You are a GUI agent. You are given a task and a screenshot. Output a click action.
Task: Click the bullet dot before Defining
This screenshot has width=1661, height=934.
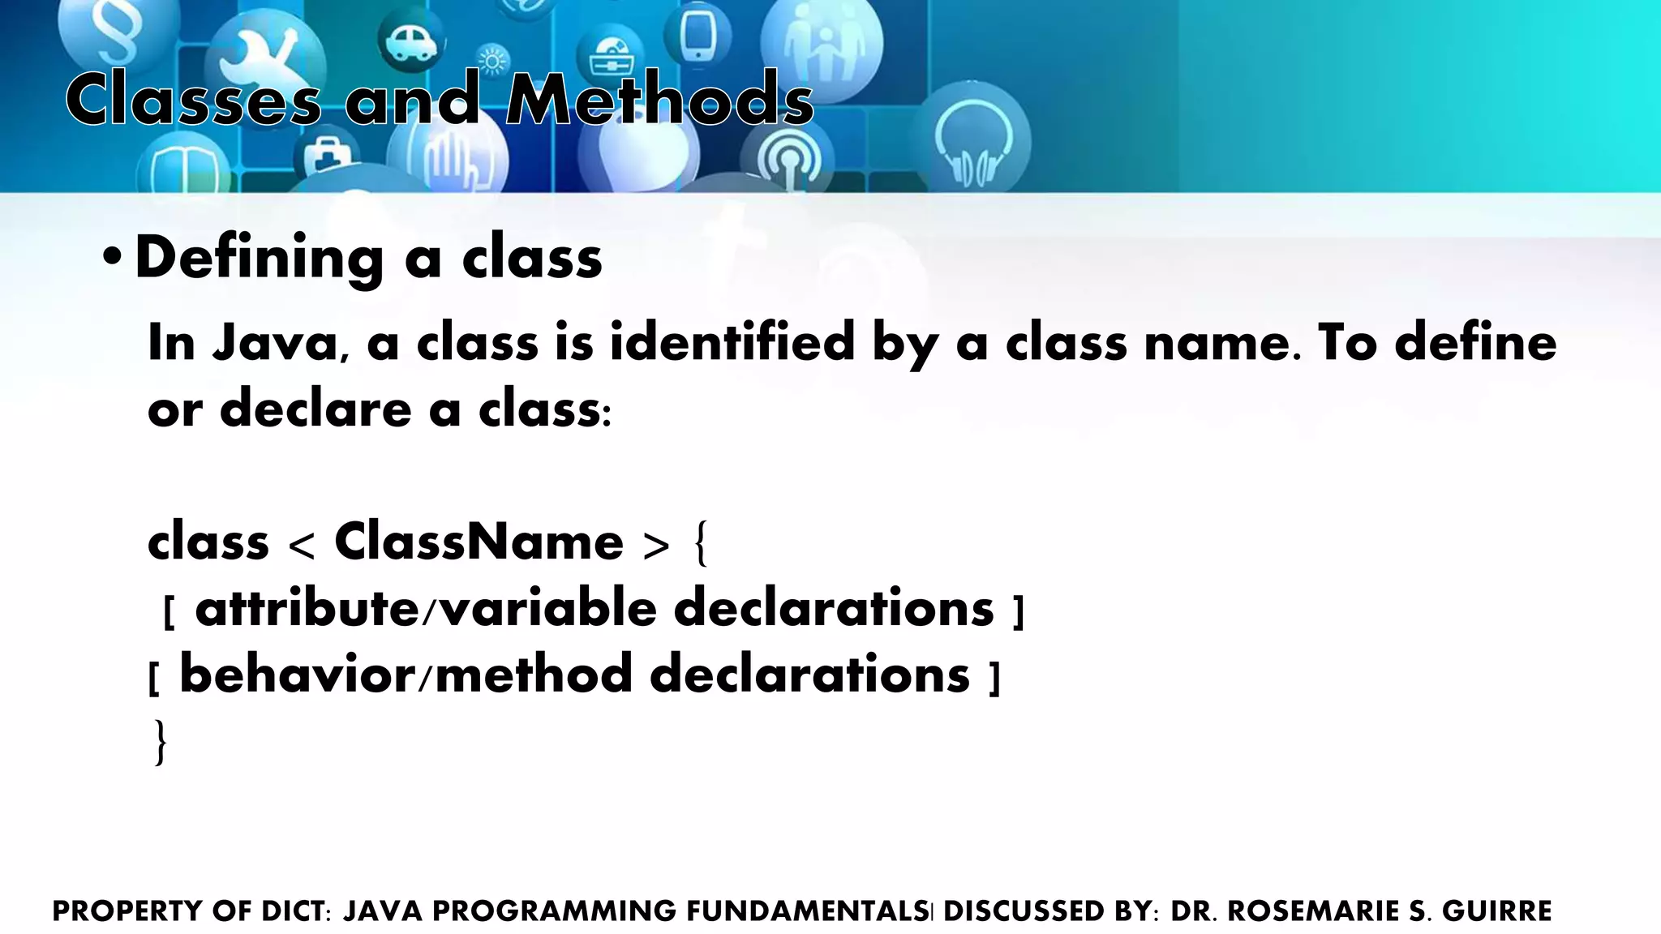(112, 259)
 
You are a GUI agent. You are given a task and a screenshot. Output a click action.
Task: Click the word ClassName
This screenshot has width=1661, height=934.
(479, 542)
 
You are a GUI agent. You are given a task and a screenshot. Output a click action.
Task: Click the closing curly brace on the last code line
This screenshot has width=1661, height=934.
(161, 742)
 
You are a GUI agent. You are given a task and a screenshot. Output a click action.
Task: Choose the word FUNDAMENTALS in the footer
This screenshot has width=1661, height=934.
(807, 911)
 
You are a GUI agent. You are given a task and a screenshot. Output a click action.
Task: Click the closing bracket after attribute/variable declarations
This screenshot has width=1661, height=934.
(1019, 613)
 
